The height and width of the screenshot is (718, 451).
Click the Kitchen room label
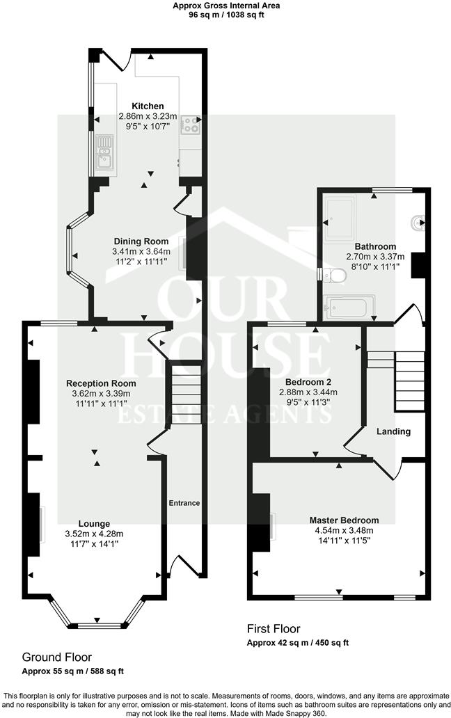(148, 106)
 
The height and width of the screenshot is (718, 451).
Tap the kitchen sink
(105, 152)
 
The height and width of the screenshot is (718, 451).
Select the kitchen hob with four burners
(190, 125)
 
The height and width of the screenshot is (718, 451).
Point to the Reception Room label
(101, 383)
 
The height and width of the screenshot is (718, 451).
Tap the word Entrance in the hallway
(184, 503)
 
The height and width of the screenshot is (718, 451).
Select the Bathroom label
(375, 246)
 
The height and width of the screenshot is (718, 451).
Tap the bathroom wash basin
(419, 223)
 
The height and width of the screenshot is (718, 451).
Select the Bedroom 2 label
(308, 382)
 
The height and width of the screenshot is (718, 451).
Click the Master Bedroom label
(345, 520)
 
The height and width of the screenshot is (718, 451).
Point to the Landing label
(393, 431)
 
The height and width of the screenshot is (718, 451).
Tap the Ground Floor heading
(57, 657)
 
